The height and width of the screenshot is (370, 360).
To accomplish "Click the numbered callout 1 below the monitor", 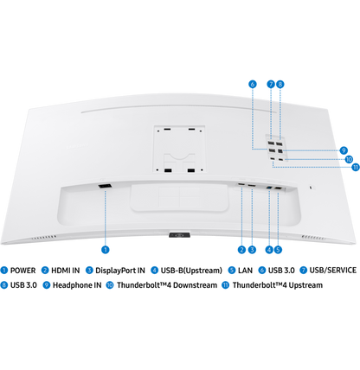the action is tap(106, 250).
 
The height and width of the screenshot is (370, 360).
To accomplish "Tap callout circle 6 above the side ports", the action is tap(253, 84).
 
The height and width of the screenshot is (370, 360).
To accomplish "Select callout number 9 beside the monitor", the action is tap(344, 150).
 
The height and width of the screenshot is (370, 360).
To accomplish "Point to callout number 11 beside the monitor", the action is tap(356, 167).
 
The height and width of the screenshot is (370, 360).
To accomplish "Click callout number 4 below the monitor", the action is tap(269, 250).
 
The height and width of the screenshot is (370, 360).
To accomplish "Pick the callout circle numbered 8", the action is tap(280, 84).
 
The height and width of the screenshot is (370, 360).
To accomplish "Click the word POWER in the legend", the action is tap(22, 271).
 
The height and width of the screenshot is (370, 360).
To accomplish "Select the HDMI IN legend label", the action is tap(65, 271).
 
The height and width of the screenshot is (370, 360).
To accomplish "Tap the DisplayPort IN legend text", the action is tap(120, 271).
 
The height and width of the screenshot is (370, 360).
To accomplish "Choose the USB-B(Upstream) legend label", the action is tap(191, 271).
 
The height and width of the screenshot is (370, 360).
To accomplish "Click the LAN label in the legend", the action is tap(245, 271).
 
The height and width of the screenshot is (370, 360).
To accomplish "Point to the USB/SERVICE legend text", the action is tap(332, 271).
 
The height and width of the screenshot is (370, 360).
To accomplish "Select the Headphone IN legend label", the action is tap(77, 285).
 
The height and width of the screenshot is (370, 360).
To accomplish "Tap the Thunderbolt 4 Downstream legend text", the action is tap(167, 285).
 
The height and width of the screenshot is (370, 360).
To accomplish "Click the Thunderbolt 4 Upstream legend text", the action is tap(278, 285).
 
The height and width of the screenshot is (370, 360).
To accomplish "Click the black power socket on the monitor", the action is tap(105, 187).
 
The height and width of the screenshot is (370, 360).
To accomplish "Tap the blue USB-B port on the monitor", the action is tap(270, 188).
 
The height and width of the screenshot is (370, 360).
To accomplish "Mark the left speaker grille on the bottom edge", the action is tap(44, 238).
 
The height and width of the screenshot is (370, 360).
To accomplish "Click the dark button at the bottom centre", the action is tap(179, 235).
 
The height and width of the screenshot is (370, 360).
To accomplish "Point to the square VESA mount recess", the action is tap(179, 150).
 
